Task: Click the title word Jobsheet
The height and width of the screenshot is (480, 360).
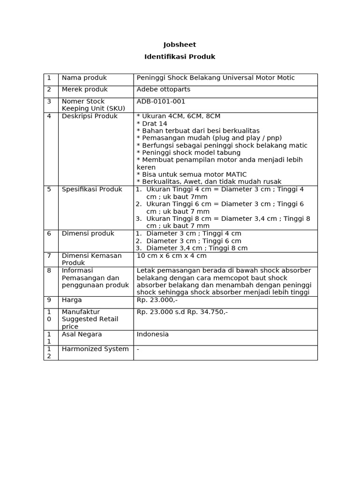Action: click(180, 45)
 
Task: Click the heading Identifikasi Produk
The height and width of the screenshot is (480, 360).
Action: click(180, 57)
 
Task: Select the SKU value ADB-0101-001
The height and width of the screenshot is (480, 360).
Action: click(161, 101)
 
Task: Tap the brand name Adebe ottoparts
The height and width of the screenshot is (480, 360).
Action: click(163, 89)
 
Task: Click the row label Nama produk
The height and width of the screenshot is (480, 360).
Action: click(84, 78)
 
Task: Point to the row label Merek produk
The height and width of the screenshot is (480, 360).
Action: click(85, 89)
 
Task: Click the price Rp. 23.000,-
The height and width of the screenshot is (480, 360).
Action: click(157, 300)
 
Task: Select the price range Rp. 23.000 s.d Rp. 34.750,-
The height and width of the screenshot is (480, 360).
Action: click(182, 312)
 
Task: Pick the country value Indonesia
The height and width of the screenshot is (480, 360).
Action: click(152, 334)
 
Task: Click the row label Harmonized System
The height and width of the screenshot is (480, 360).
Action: click(95, 349)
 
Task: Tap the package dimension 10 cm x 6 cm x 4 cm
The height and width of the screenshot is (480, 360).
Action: click(172, 255)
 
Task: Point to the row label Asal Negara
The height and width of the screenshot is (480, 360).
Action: click(82, 334)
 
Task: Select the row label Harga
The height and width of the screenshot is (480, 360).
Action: click(72, 300)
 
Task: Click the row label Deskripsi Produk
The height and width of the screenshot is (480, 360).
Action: click(90, 116)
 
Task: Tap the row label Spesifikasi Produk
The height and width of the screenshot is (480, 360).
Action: click(92, 189)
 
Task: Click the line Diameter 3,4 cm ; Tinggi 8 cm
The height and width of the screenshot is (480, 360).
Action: click(197, 248)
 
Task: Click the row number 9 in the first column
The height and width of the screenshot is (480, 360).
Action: click(49, 300)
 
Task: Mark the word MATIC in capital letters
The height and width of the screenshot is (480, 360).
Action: click(236, 174)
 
